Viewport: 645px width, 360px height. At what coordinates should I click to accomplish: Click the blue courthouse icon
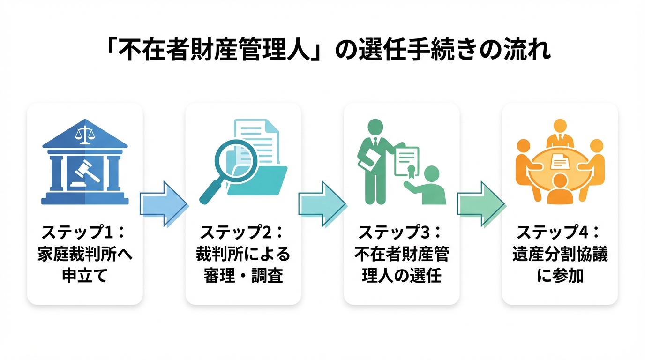(x=85, y=162)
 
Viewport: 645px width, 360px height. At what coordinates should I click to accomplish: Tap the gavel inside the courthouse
(x=85, y=171)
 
